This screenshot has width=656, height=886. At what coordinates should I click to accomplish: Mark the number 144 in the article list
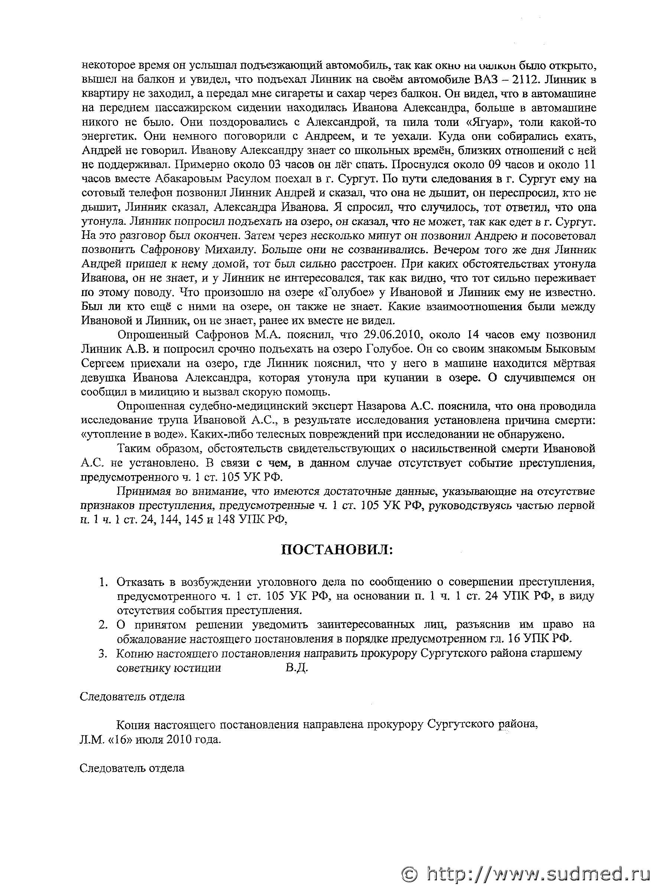point(169,520)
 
